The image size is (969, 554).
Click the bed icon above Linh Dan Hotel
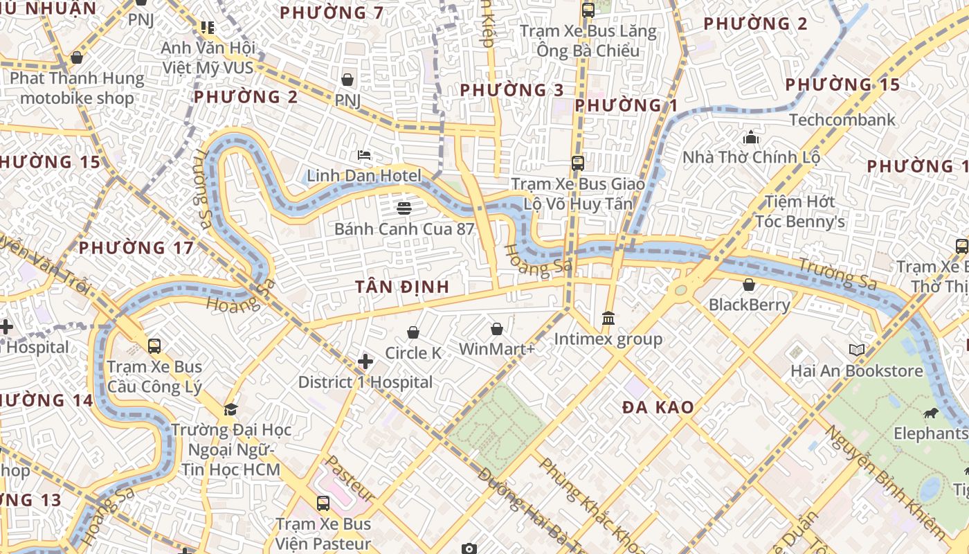coord(364,154)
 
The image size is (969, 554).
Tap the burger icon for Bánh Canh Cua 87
coord(404,208)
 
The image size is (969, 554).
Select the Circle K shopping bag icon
coord(413,333)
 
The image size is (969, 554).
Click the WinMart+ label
coord(497,349)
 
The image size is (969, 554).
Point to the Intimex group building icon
coord(608,318)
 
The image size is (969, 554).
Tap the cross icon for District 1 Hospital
coord(365,361)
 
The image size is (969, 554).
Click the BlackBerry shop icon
coord(749,285)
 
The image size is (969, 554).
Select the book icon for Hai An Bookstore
coord(857,350)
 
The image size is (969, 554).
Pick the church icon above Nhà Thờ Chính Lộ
coord(751,137)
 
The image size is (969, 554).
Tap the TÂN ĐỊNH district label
coord(402,287)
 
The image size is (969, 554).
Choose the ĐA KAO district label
coord(658,407)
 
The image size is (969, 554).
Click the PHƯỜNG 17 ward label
coord(136,248)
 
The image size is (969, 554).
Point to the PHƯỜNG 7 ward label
coord(332,12)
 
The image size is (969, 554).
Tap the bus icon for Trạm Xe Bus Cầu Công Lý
coord(154,346)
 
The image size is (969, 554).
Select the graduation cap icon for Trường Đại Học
coord(230,409)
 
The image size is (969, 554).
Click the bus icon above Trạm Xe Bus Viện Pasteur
coord(323,503)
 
